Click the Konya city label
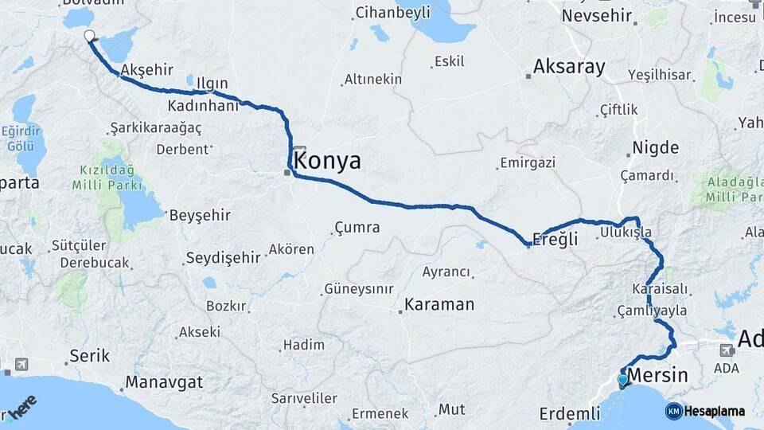327,162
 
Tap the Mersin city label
657,375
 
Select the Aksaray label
569,67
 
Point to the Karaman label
439,304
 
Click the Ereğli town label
555,240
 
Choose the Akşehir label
146,70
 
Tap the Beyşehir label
200,215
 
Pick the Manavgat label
164,382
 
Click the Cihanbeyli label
392,12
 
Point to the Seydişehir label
223,257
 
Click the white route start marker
89,35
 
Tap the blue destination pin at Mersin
622,380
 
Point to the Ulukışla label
626,232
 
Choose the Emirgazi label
531,163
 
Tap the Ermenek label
380,414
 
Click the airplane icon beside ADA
726,350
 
